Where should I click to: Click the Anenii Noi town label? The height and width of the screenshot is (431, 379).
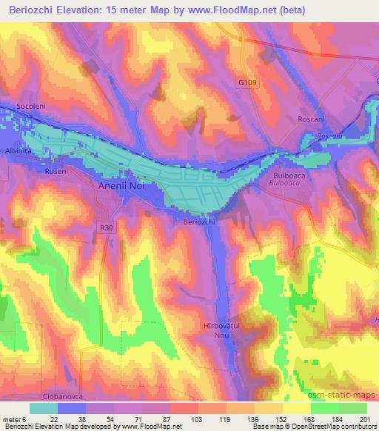point(124,187)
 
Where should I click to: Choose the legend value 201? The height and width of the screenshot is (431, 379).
point(365,418)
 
